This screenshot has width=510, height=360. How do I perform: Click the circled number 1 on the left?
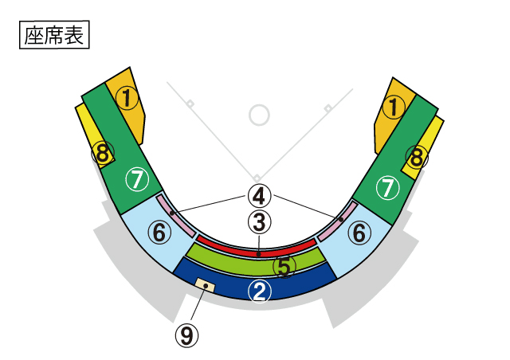coord(127,98)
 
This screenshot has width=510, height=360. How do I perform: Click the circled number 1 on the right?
coord(393,105)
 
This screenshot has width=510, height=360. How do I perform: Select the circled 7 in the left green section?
coord(139,180)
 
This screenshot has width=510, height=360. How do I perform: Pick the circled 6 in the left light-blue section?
coord(159,233)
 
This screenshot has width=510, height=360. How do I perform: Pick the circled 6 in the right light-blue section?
coord(359,233)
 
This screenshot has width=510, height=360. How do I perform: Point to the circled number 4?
coord(259,194)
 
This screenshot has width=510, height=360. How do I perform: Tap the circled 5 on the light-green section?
coord(284,266)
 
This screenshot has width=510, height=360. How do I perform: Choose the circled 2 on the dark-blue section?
coord(259,291)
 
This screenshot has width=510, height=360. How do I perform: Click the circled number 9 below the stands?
coord(187,335)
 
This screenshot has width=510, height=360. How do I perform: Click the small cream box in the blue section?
coord(206,284)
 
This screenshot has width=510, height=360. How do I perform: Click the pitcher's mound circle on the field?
coord(259,115)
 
